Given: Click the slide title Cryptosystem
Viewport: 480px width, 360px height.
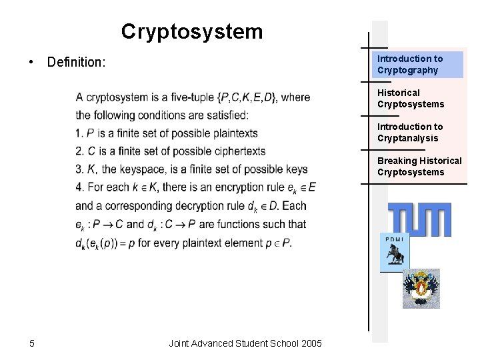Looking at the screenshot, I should click(192, 31).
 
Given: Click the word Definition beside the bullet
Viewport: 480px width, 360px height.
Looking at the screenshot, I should click(76, 63).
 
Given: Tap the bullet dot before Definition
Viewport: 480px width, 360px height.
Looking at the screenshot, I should click(31, 63).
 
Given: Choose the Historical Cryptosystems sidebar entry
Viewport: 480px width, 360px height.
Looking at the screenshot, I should click(411, 98).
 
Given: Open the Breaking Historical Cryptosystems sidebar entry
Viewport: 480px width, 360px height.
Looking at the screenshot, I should click(419, 166).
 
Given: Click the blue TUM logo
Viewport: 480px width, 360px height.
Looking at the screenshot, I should click(419, 219).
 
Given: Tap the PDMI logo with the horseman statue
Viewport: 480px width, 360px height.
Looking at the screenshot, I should click(394, 253).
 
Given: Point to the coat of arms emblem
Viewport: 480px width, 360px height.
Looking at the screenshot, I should click(421, 288).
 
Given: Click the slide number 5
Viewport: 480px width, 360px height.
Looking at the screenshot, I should click(32, 343).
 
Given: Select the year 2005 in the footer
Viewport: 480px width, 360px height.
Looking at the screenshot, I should click(311, 343).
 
